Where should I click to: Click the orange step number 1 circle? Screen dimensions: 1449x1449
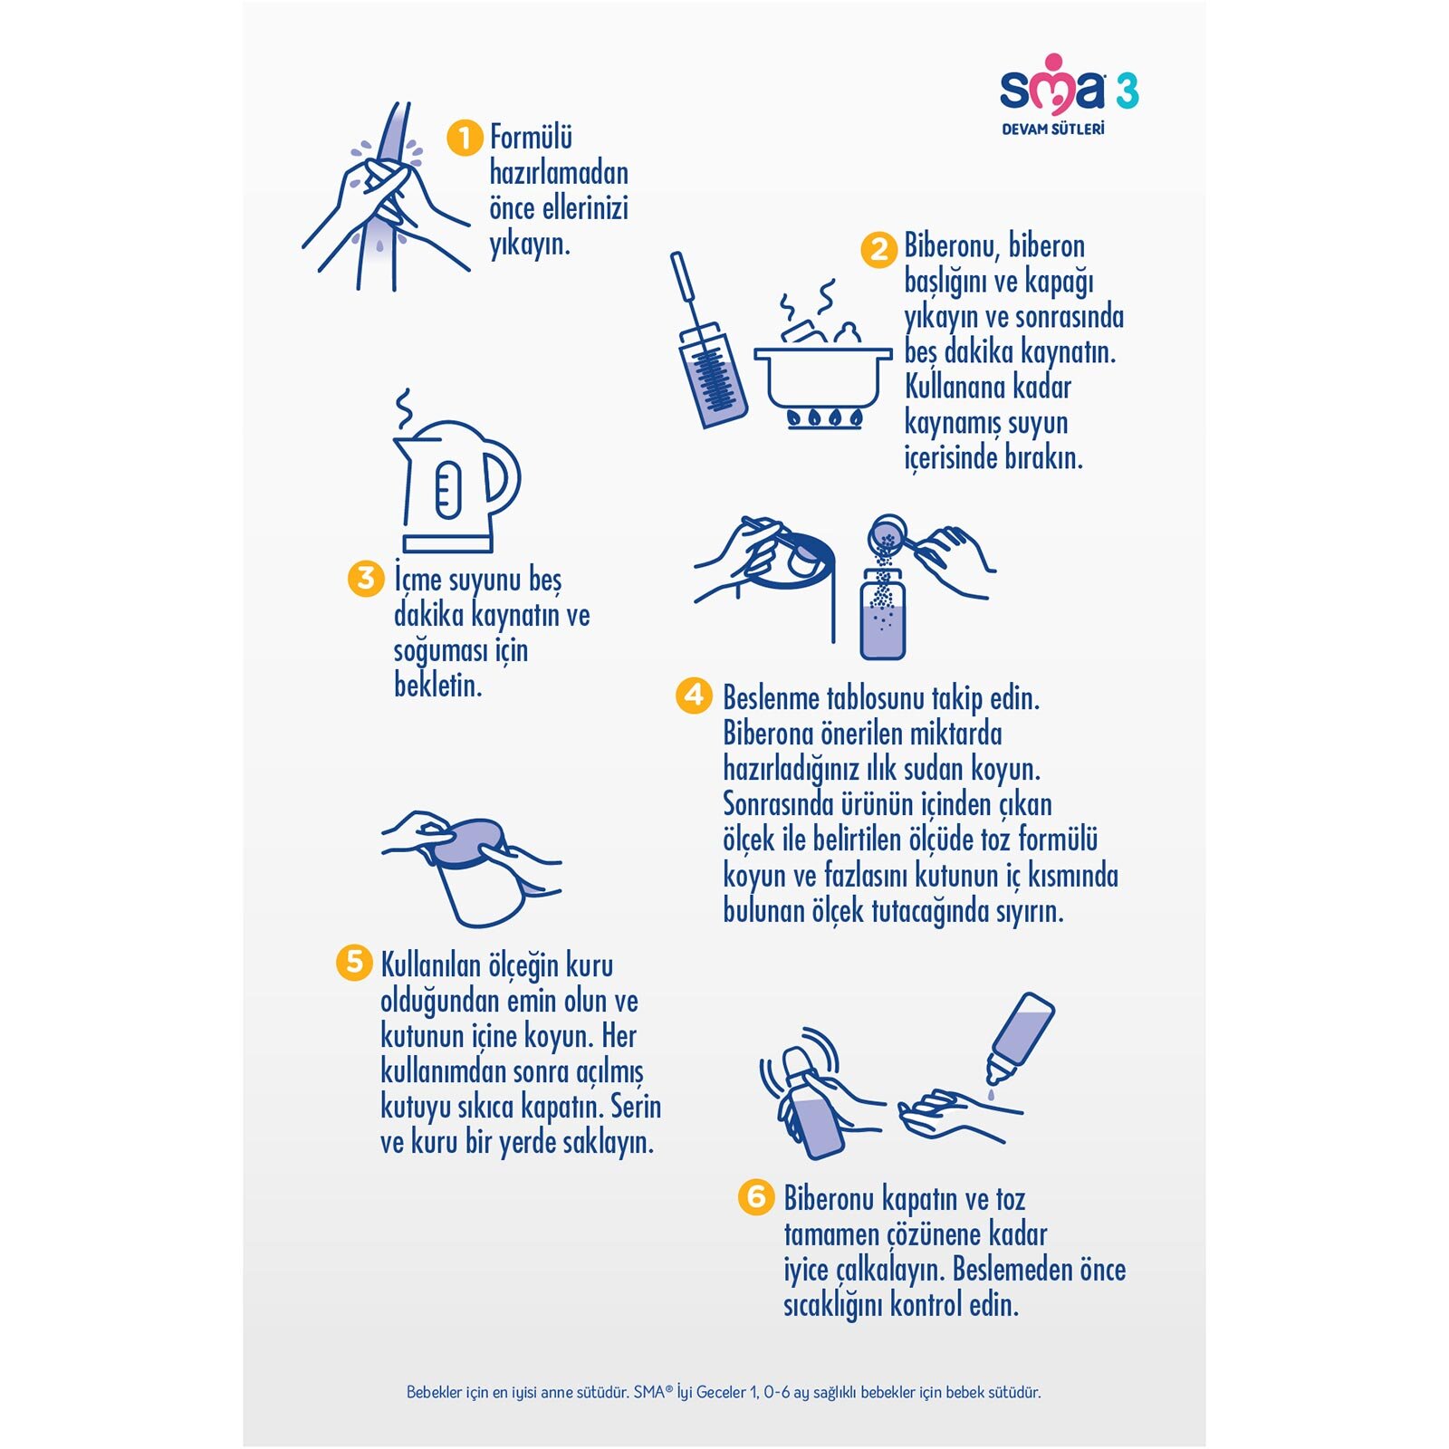coord(465,139)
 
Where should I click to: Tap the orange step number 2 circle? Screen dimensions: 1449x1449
coord(878,249)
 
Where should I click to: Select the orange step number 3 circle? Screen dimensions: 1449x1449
coord(366,579)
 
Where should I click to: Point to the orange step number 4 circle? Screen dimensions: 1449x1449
coord(694,696)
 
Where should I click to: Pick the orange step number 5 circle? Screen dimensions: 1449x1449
coord(354,963)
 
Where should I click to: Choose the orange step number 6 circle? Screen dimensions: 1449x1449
coord(756,1196)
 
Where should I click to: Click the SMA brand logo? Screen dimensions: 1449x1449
coord(1053,84)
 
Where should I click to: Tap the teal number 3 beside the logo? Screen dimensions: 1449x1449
coord(1127,91)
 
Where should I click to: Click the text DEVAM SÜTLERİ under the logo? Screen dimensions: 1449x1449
coord(1053,129)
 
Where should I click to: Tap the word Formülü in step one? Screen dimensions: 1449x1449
coord(532,138)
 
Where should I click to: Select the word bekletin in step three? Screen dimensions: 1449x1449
coord(438,686)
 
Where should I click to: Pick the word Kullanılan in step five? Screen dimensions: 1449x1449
coord(431,965)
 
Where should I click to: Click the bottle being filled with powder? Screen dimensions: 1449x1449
coord(882,613)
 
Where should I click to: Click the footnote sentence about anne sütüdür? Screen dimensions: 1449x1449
coord(518,1392)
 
